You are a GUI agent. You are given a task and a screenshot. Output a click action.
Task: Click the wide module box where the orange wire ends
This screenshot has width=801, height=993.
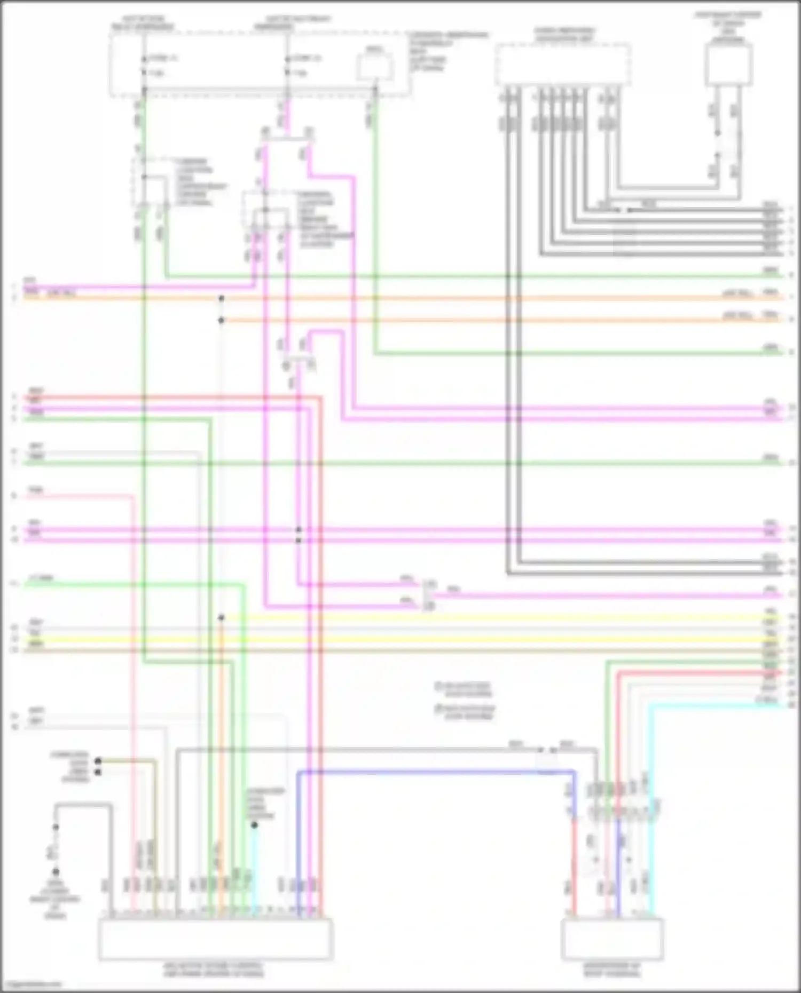tap(215, 938)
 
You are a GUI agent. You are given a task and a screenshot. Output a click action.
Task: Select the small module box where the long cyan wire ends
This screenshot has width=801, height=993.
tap(612, 938)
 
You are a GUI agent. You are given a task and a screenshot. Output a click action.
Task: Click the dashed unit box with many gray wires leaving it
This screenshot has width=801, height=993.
tap(562, 65)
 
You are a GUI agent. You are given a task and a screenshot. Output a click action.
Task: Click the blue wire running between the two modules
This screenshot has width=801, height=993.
tap(427, 772)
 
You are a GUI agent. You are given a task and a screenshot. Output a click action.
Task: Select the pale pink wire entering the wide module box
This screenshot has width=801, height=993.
tap(132, 694)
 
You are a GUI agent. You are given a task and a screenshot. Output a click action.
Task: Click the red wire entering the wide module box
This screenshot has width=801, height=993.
tap(320, 694)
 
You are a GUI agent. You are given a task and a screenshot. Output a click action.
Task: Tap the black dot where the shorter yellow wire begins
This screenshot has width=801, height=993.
tap(221, 618)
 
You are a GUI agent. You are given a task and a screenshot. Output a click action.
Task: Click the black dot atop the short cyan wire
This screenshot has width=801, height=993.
tap(255, 825)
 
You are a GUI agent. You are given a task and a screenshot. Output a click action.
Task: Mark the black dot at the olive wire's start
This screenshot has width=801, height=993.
tap(98, 761)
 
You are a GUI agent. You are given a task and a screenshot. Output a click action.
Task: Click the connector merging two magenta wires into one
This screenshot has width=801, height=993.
tap(429, 595)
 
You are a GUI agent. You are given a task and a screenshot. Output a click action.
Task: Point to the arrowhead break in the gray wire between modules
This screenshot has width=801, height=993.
tap(546, 750)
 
